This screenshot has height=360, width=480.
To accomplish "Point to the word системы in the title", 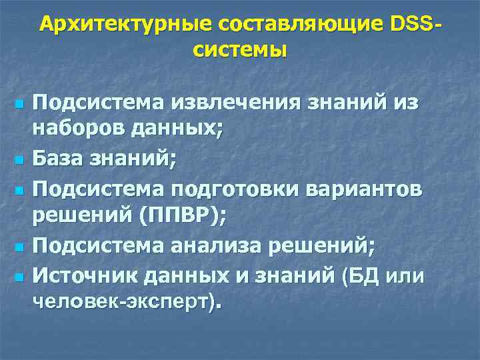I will tap(241, 50).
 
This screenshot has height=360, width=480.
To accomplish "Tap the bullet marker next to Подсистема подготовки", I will tap(19, 190).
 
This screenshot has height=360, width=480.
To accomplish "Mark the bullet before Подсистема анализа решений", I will tap(19, 247).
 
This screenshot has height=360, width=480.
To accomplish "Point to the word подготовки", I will tap(245, 189).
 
